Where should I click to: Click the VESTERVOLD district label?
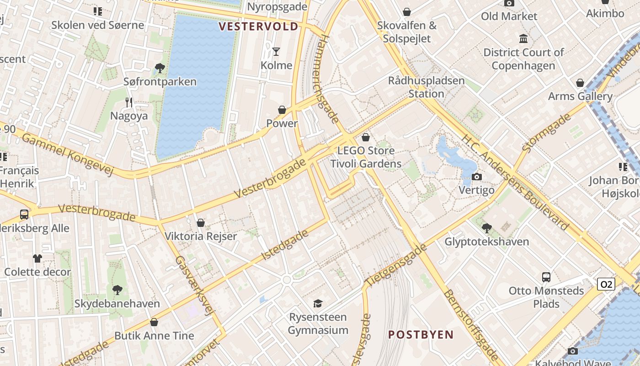tap(258, 27)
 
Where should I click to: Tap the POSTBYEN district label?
tap(421, 334)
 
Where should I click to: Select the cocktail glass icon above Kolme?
tap(276, 51)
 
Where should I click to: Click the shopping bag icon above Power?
tap(282, 110)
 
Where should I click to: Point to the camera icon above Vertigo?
tap(476, 177)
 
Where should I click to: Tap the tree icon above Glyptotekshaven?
tap(487, 227)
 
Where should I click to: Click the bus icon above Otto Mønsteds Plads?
tap(546, 277)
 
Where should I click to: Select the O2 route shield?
tap(606, 284)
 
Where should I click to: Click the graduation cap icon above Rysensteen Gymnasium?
tap(318, 303)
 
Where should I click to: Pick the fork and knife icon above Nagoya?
tap(129, 102)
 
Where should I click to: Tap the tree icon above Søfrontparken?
tap(160, 68)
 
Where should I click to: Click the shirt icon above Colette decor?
tap(37, 258)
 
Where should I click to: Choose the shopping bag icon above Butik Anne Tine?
tap(154, 322)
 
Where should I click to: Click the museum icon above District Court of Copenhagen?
tap(523, 38)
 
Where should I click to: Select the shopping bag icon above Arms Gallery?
tap(580, 83)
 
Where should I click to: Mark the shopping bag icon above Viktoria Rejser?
tap(200, 223)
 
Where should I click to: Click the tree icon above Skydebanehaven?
tap(117, 290)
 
